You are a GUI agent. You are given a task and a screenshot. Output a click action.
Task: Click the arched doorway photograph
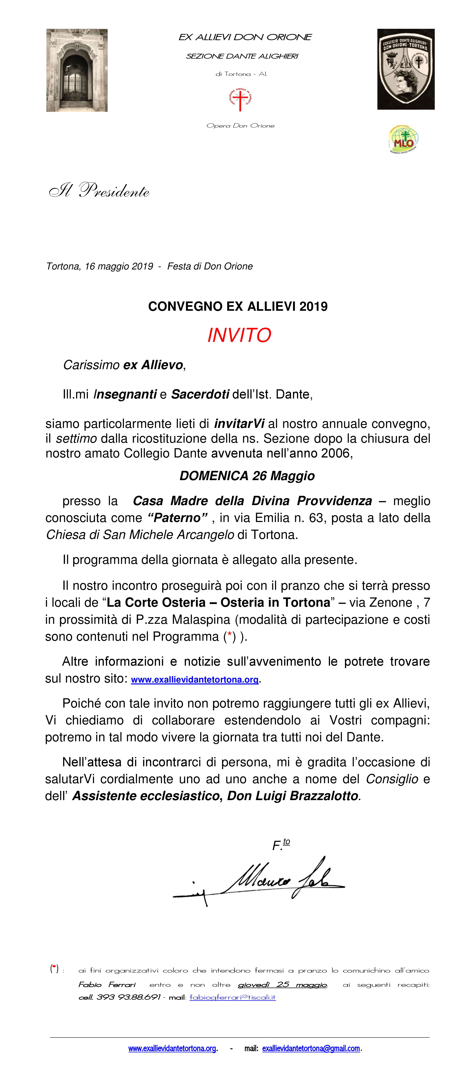tap(77, 70)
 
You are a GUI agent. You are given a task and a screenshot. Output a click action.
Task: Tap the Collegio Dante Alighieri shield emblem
tap(405, 69)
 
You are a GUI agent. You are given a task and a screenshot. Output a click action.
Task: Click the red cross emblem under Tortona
tap(240, 100)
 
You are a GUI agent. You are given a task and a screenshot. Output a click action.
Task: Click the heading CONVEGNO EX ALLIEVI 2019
tap(238, 307)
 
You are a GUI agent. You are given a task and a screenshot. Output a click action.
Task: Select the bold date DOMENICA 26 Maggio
tap(247, 476)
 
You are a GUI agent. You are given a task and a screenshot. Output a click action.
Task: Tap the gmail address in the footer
tap(311, 1048)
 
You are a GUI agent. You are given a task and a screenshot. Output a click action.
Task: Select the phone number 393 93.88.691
tap(129, 997)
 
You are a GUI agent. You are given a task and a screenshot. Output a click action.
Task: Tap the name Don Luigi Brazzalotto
tap(293, 796)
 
